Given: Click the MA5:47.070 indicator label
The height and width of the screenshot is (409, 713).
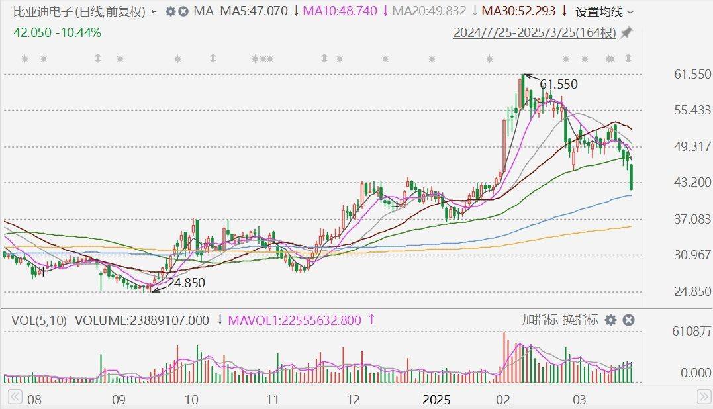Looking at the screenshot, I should (254, 11).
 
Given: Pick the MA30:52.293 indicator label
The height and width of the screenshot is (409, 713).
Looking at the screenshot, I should (518, 11).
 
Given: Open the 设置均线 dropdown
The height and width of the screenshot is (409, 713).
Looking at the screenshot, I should (604, 11).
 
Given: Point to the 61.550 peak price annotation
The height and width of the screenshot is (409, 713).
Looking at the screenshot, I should (559, 84).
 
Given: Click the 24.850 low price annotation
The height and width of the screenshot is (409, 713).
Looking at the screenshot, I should (186, 283).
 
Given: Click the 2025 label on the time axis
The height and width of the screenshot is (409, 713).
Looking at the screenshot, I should (436, 400).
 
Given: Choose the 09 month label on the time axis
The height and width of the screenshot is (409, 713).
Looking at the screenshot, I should (118, 400).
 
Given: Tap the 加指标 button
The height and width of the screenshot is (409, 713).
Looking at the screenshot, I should (540, 320).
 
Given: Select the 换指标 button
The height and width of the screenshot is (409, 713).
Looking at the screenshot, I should (581, 320).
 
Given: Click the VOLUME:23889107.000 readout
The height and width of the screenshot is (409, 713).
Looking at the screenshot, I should (142, 320).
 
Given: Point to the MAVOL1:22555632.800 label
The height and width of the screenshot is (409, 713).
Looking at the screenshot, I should (295, 320).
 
